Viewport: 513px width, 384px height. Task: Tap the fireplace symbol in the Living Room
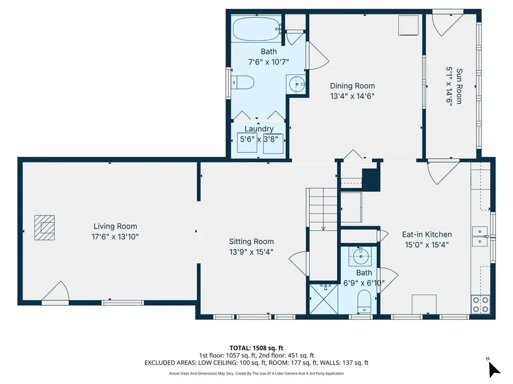[x=45, y=227]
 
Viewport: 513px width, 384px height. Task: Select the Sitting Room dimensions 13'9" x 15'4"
[x=251, y=252]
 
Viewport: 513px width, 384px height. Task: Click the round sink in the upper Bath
[x=297, y=84]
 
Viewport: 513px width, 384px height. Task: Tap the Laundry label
[x=259, y=129]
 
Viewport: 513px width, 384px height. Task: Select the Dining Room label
[x=352, y=86]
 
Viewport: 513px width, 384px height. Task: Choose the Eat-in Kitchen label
[x=427, y=234]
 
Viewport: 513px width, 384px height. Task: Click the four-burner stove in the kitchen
[x=480, y=304]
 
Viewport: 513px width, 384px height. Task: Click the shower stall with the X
[x=324, y=299]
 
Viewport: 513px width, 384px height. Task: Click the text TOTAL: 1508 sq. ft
[x=256, y=347]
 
